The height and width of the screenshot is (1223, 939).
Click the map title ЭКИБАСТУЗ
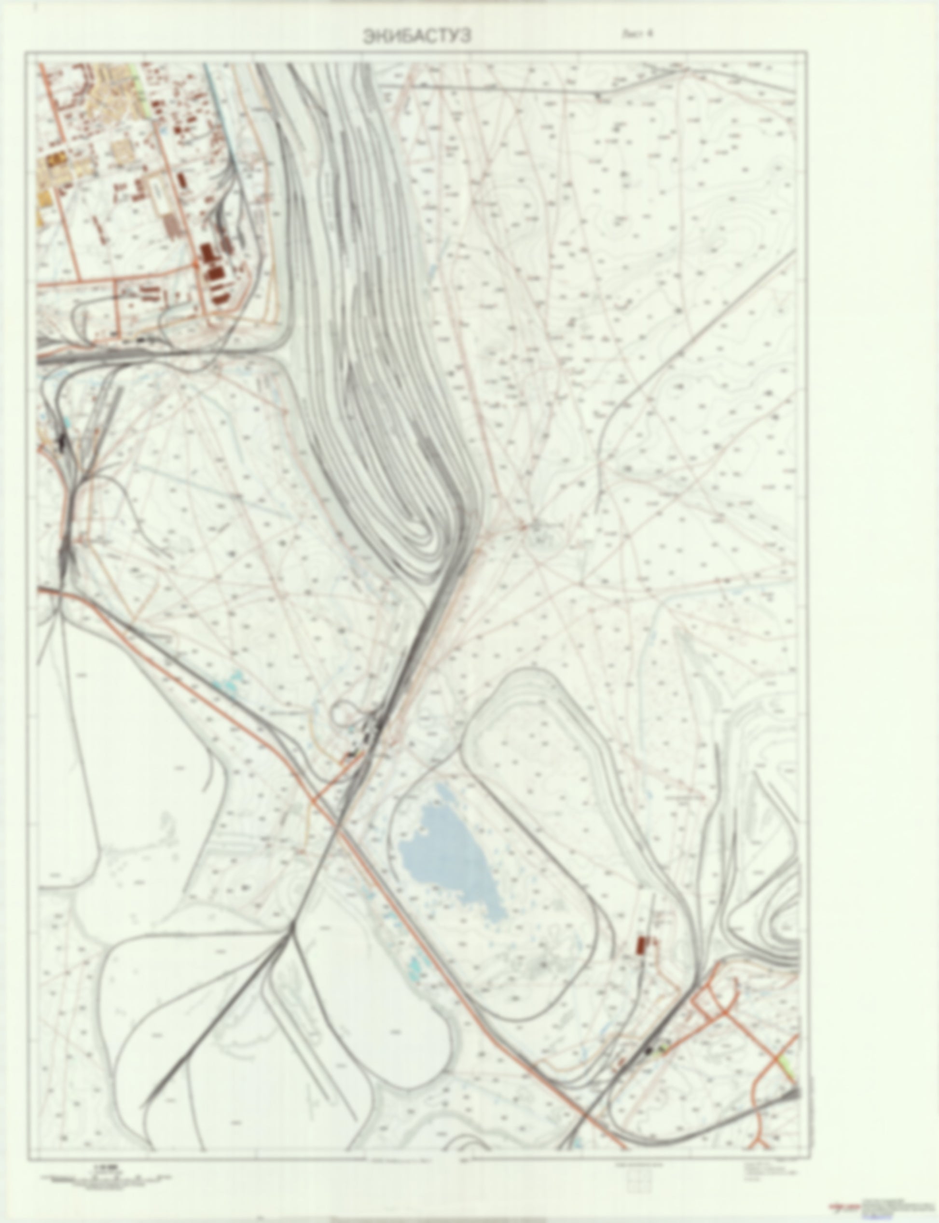[417, 36]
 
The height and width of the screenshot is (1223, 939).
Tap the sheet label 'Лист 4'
[638, 33]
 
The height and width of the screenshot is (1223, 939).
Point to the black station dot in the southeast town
[649, 1051]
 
